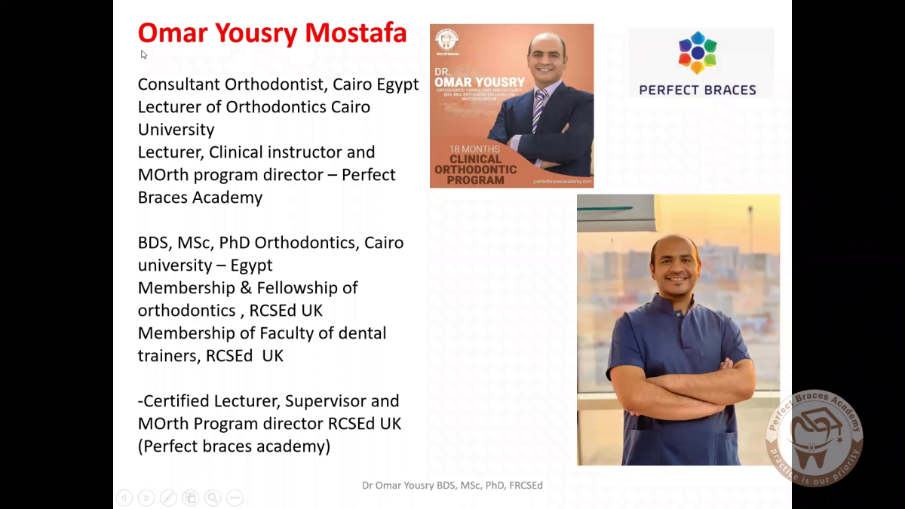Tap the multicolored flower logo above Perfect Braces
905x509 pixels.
[698, 53]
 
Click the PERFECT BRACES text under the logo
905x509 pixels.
[698, 90]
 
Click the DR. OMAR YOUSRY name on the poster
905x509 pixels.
[479, 78]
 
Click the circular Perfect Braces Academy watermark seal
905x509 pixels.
[814, 438]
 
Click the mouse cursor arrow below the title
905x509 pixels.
[143, 54]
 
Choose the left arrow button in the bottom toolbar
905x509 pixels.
[124, 498]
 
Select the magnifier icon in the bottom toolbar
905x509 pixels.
[213, 498]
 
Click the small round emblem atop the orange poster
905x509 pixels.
[447, 39]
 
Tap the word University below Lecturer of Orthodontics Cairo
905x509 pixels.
[176, 130]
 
